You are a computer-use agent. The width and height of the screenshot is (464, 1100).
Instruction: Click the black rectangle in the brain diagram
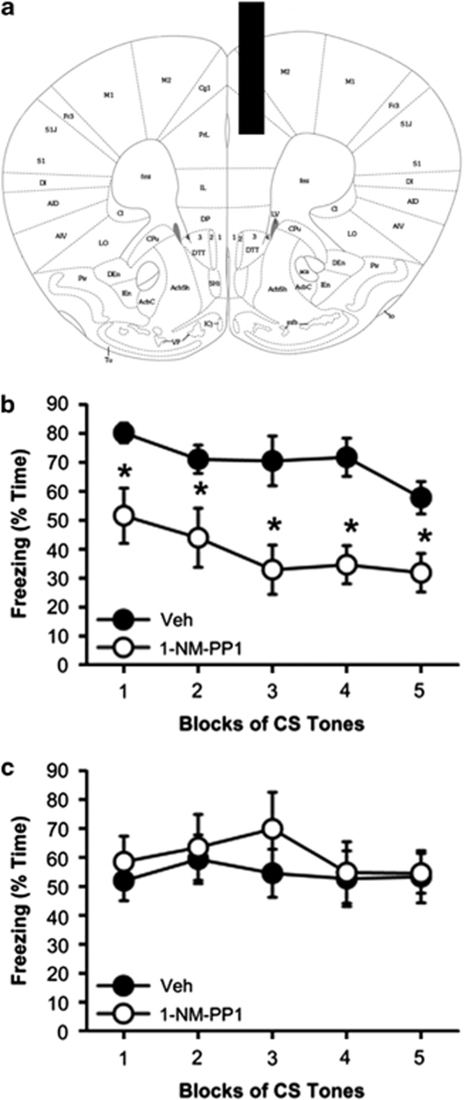pos(251,68)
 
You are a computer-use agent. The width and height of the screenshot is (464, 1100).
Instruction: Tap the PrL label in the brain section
pos(202,135)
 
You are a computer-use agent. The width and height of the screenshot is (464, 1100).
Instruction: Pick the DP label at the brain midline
pos(205,218)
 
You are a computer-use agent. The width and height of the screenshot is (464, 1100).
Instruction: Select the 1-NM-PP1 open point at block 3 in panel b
pos(272,570)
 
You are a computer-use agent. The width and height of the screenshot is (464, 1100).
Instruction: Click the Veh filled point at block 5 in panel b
pos(421,498)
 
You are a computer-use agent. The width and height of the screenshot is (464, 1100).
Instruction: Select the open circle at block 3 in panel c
pos(272,829)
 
